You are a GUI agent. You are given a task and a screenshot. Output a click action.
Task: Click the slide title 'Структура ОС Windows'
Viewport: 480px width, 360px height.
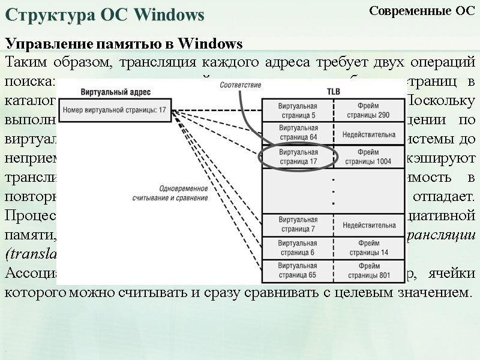[x=105, y=14]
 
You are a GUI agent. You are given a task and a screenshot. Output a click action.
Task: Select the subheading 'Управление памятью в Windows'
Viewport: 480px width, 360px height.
[x=124, y=44]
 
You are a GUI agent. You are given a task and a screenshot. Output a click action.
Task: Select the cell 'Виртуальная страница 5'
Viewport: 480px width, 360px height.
[x=298, y=110]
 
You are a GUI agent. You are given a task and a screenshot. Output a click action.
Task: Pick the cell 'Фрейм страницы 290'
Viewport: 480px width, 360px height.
[x=367, y=110]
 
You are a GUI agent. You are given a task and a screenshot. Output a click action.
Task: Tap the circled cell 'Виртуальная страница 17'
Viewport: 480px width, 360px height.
[x=298, y=157]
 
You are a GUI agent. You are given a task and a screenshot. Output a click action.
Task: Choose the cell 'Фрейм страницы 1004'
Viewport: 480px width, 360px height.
[x=367, y=157]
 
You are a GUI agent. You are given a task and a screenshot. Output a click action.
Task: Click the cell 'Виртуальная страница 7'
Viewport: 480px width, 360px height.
[x=298, y=225]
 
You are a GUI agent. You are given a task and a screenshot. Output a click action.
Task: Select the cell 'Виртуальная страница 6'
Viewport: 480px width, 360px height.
[x=298, y=248]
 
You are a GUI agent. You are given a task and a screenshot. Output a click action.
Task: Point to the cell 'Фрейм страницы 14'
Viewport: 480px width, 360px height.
[x=367, y=248]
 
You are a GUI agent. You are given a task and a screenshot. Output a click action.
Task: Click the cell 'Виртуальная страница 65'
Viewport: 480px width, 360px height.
[x=298, y=271]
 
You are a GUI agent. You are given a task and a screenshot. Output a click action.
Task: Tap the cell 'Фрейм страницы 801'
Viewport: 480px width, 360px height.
[x=367, y=271]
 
